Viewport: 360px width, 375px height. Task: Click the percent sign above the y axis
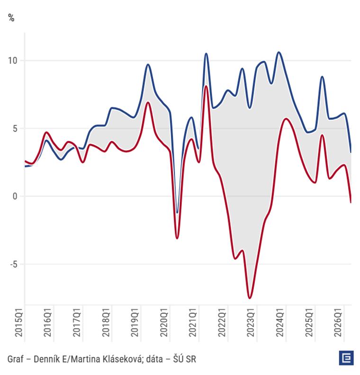click(x=11, y=18)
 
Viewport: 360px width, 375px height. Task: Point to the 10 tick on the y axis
click(x=13, y=61)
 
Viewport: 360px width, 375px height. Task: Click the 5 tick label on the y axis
click(x=15, y=129)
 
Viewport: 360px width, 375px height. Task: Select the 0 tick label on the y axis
click(x=15, y=196)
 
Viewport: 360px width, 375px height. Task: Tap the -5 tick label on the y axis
click(x=14, y=264)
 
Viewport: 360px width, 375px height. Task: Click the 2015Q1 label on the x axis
click(x=18, y=322)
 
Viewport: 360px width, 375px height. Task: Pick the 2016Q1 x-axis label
click(x=47, y=322)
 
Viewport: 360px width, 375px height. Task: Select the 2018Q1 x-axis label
click(x=106, y=322)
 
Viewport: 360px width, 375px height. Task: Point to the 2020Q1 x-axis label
click(x=164, y=322)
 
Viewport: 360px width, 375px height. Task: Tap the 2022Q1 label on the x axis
click(x=222, y=322)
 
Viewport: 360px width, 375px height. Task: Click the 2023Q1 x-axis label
click(x=251, y=322)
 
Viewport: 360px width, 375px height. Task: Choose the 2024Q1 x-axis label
click(x=280, y=322)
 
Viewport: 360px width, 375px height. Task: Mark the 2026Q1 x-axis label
click(x=338, y=322)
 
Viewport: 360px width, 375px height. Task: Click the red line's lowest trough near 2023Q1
click(x=250, y=298)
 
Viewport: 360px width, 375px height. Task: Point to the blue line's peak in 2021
click(x=206, y=54)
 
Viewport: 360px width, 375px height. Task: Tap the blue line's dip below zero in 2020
click(x=177, y=213)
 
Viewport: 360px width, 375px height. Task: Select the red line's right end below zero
click(x=351, y=202)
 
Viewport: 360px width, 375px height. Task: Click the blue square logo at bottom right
click(x=346, y=358)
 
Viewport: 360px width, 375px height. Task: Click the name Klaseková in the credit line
click(x=124, y=359)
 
